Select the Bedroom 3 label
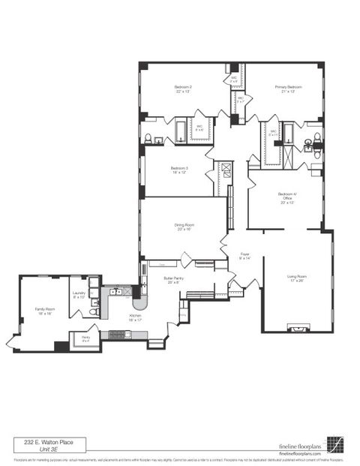point(179,168)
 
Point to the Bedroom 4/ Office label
point(287,197)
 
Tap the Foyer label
point(244,255)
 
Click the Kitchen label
point(135,317)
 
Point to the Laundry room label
point(79,295)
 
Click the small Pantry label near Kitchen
point(85,339)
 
